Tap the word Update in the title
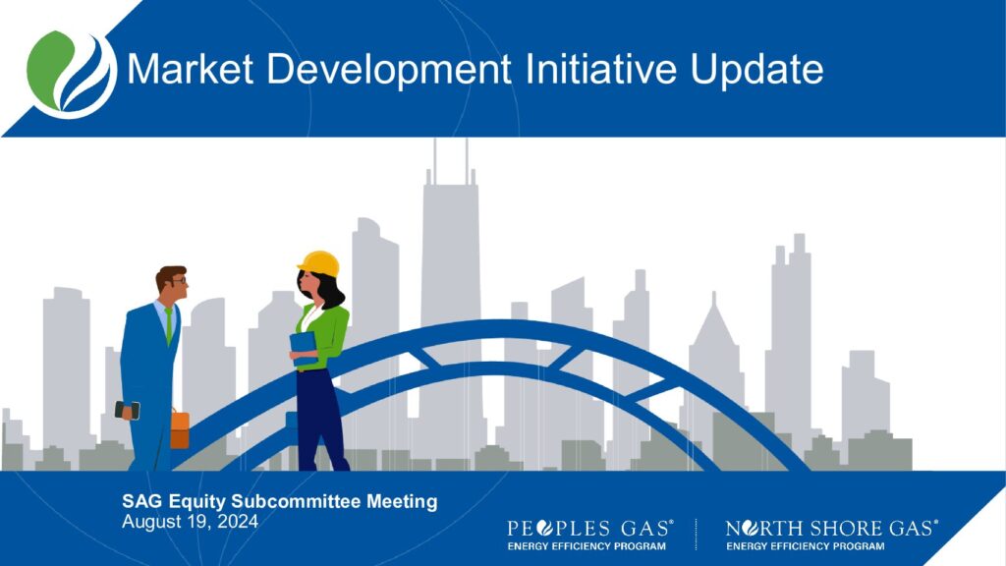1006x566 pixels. click(757, 71)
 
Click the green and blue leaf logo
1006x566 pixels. click(71, 74)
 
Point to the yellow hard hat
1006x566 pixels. click(319, 263)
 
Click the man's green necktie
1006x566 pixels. click(169, 325)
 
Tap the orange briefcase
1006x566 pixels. click(180, 428)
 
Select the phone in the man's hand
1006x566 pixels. click(127, 410)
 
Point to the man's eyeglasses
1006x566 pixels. click(180, 280)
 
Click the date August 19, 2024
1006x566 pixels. click(190, 521)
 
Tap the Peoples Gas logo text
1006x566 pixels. click(590, 528)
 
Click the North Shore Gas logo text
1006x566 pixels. click(831, 528)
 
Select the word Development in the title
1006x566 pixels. click(389, 71)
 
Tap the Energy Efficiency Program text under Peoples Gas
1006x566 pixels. click(587, 546)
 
